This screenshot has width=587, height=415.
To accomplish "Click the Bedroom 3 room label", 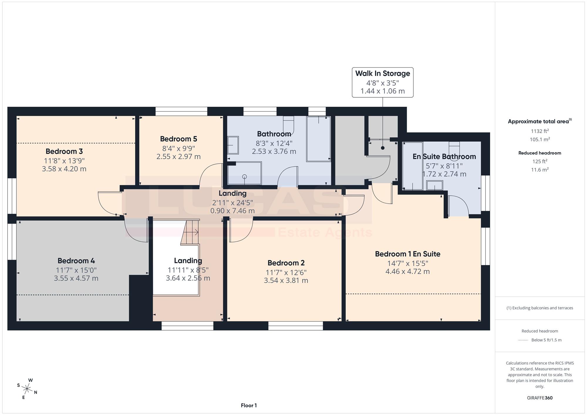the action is (64, 151).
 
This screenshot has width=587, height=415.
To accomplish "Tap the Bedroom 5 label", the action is (178, 139).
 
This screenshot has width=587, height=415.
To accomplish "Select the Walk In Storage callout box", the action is (382, 82).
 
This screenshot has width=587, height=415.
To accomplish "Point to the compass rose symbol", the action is (27, 389).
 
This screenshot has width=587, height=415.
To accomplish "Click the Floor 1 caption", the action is (249, 405).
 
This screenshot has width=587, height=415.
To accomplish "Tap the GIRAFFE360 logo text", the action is (540, 398).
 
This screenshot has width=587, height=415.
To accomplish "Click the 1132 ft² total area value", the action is (540, 131).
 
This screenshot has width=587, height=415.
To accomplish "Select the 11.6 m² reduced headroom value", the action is (540, 170).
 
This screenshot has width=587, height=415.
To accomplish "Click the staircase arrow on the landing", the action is (195, 232).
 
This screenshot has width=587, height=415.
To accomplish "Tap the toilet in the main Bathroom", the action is (288, 124).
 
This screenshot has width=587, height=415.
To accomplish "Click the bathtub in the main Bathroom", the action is (318, 139).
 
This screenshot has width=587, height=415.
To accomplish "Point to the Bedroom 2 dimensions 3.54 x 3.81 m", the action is (286, 280).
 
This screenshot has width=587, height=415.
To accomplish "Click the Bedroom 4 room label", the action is (76, 261).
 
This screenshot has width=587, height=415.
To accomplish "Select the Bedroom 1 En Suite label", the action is (408, 254).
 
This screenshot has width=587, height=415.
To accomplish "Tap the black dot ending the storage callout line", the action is (383, 148).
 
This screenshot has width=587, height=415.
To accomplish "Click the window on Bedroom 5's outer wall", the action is (181, 111).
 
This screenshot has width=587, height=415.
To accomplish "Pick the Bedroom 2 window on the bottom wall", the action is (296, 326).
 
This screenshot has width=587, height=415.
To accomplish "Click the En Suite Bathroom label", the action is (444, 157).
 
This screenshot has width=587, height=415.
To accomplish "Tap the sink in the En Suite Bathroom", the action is (434, 185).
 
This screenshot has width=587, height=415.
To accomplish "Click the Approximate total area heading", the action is (540, 121).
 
